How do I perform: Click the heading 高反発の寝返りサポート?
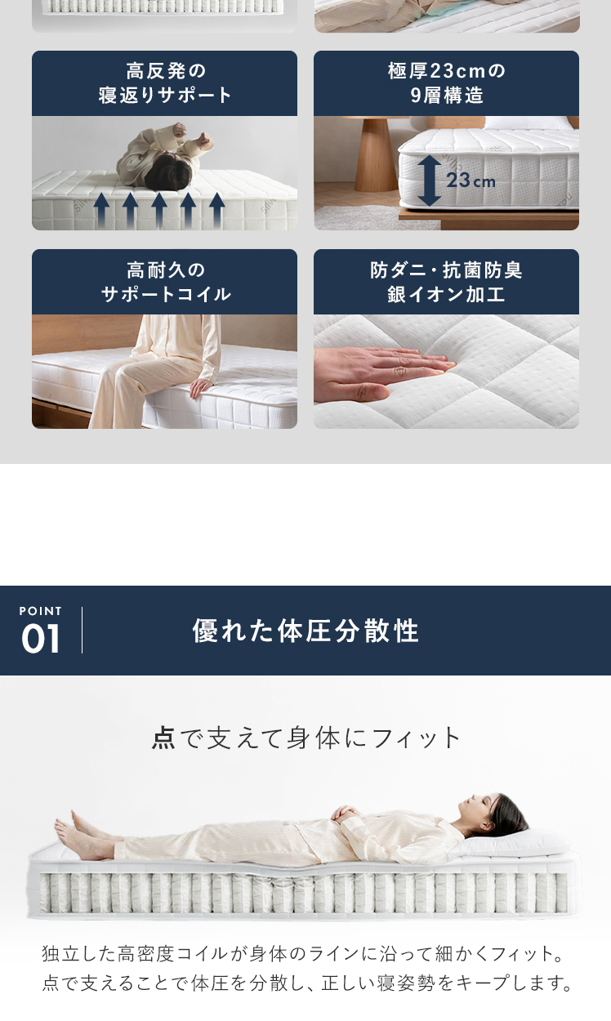pyautogui.click(x=165, y=83)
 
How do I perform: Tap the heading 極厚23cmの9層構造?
pyautogui.click(x=446, y=83)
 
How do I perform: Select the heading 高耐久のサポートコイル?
pyautogui.click(x=165, y=282)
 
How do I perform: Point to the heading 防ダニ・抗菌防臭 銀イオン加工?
pyautogui.click(x=446, y=282)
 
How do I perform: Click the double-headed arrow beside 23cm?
pyautogui.click(x=429, y=181)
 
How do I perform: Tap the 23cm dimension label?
pyautogui.click(x=471, y=181)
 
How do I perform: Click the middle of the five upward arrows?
pyautogui.click(x=159, y=211)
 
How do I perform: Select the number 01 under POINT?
pyautogui.click(x=40, y=639)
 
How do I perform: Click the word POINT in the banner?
pyautogui.click(x=40, y=611)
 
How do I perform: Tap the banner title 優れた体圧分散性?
pyautogui.click(x=305, y=631)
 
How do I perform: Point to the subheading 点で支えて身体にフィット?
pyautogui.click(x=305, y=738)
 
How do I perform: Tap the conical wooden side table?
pyautogui.click(x=375, y=154)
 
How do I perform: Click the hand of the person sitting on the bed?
pyautogui.click(x=201, y=388)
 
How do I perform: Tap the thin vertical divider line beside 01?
pyautogui.click(x=82, y=630)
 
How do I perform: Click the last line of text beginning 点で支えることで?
pyautogui.click(x=306, y=983)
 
